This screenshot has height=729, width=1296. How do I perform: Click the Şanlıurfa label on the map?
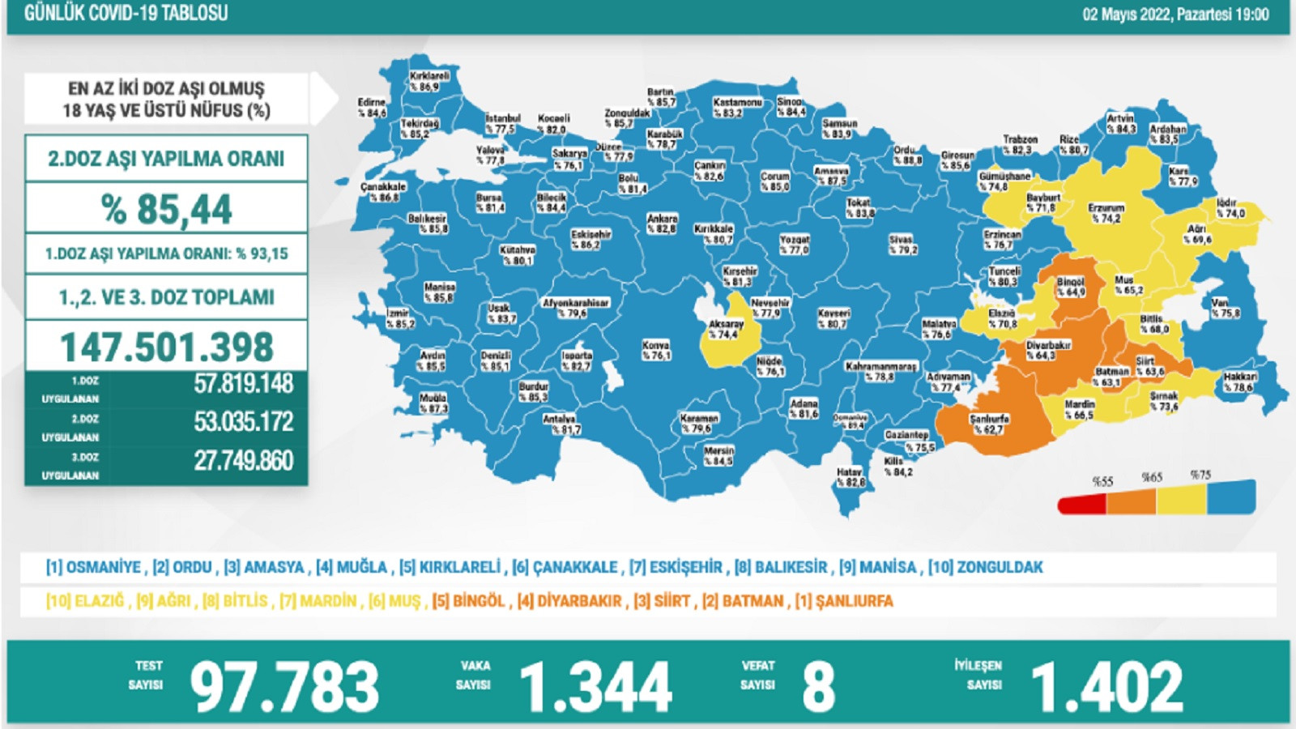989,424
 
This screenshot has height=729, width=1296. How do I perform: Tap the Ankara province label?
662,224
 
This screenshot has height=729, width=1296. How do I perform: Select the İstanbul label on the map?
502,123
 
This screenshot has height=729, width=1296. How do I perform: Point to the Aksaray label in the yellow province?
725,329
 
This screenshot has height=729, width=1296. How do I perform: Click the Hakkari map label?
1240,382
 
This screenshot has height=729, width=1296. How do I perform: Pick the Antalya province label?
560,424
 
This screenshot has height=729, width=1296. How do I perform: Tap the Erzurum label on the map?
1106,213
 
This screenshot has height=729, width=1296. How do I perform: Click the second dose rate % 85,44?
166,209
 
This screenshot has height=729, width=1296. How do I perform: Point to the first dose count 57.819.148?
243,383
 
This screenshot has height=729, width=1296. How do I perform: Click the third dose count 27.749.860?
243,461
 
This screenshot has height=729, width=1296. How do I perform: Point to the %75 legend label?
1200,475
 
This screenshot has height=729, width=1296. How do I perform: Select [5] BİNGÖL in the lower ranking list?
469,601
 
